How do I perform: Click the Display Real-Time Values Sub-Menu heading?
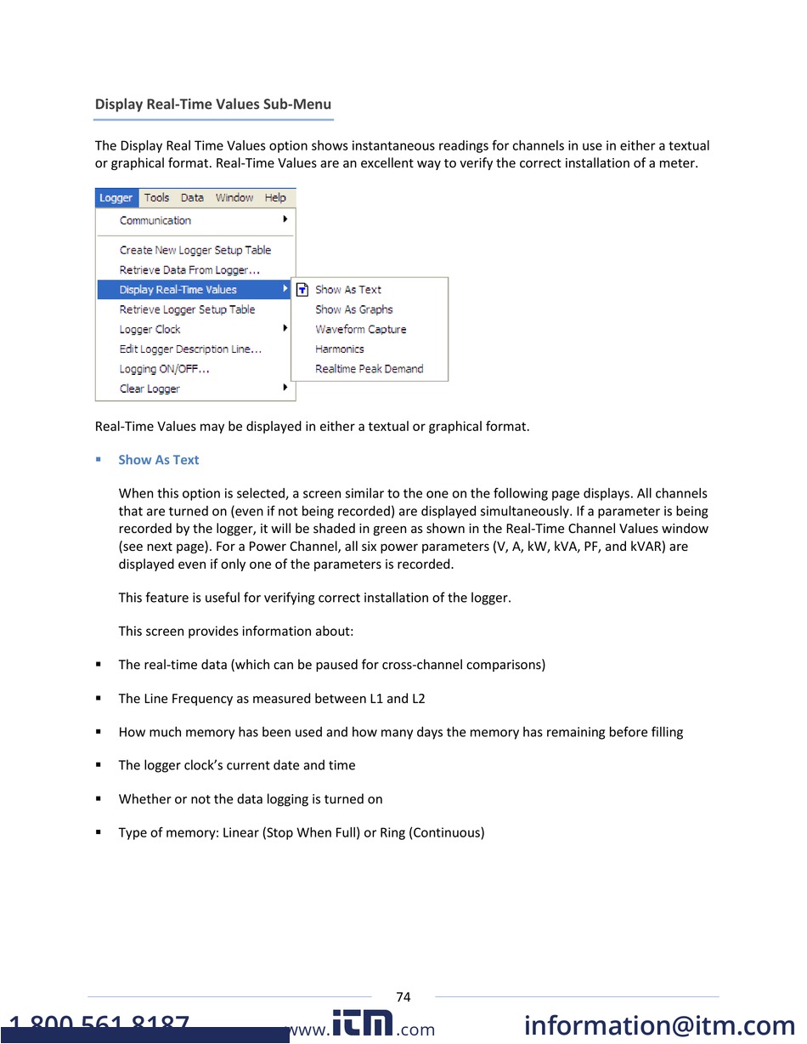click(x=212, y=105)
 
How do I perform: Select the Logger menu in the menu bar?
click(x=116, y=198)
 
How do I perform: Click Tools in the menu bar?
click(x=157, y=198)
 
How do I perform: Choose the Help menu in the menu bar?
click(x=275, y=198)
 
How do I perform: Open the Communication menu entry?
click(x=155, y=221)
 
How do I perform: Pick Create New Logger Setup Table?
click(x=195, y=250)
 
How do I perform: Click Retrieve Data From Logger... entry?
click(x=189, y=270)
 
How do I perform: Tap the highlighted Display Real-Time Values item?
click(x=178, y=290)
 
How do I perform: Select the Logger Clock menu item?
click(x=150, y=330)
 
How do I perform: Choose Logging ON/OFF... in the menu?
click(x=165, y=369)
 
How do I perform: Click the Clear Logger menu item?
click(x=150, y=389)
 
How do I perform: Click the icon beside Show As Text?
click(x=302, y=290)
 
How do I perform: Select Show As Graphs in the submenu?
click(x=354, y=310)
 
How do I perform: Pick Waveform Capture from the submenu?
click(x=361, y=330)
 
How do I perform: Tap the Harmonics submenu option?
click(x=340, y=349)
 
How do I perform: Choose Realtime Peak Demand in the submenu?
click(x=370, y=369)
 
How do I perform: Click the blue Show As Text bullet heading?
click(x=159, y=460)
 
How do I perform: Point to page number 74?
click(x=403, y=997)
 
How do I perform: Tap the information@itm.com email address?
click(x=660, y=1026)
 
